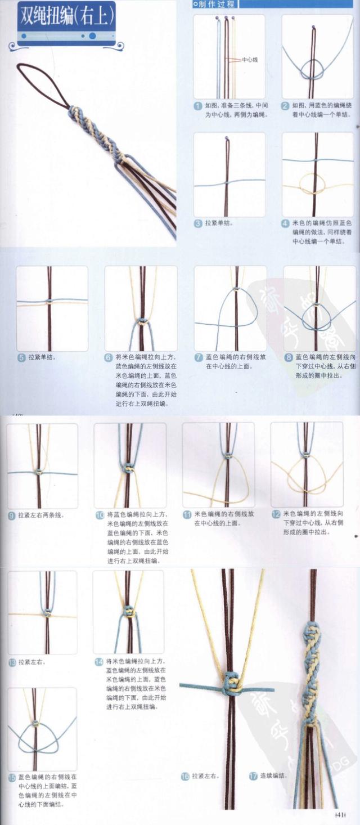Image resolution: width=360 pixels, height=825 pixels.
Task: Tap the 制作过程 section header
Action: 214,5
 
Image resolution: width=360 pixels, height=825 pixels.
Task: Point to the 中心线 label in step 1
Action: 249,59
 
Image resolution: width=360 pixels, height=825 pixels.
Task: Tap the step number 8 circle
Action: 289,357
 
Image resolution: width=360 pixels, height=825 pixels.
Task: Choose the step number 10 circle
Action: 100,515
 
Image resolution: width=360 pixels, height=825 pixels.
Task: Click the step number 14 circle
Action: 98,662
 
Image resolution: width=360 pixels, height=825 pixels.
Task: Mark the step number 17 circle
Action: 253,776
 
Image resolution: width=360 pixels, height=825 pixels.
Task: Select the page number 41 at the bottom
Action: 340,815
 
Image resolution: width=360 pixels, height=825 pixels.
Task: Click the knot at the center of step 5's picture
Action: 51,302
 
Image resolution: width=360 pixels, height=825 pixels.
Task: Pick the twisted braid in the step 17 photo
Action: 310,664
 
